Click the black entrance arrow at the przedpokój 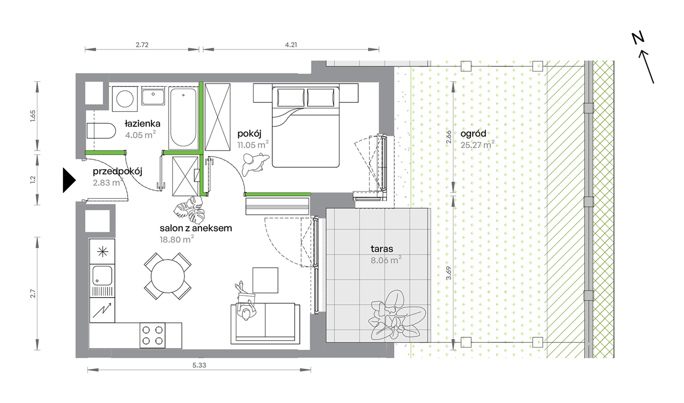click(68, 180)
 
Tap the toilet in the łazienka click(101, 131)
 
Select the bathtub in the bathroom click(183, 118)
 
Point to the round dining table click(168, 276)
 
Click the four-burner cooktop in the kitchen click(152, 335)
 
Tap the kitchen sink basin click(102, 276)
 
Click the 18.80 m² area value click(176, 239)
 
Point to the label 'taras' click(382, 249)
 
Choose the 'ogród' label click(473, 134)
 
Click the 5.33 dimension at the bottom click(199, 365)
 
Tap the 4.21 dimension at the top click(291, 45)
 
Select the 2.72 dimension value click(142, 45)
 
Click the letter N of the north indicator click(638, 38)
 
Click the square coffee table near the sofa click(265, 280)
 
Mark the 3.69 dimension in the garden click(448, 273)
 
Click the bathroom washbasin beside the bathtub click(153, 96)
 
